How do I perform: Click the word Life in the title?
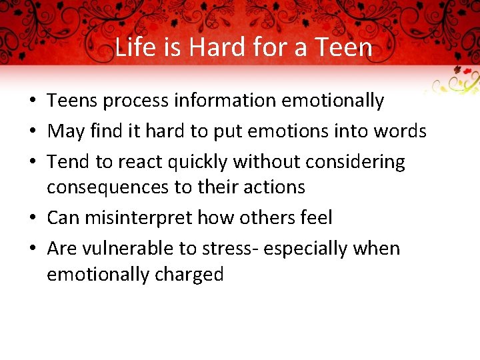[x=132, y=47]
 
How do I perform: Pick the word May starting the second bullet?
[x=65, y=131]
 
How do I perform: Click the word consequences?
[x=107, y=187]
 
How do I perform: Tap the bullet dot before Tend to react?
[x=32, y=163]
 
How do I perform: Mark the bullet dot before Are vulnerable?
[x=32, y=249]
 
